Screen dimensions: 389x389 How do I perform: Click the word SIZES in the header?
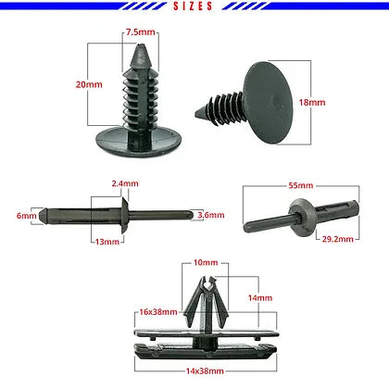coord(193,6)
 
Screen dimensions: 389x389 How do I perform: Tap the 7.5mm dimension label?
coord(141,32)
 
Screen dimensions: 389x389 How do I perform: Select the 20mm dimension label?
coord(89,84)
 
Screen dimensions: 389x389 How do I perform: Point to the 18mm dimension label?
coord(312,102)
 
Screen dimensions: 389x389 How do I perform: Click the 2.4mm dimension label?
coord(125,183)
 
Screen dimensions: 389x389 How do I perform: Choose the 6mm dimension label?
coord(27,215)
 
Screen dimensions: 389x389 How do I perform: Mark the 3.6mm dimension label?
coord(211,215)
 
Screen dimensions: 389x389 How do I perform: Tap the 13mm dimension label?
coord(107,242)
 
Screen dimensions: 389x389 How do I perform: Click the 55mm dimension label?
coord(301,185)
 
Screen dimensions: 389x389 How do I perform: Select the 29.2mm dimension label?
coord(338,239)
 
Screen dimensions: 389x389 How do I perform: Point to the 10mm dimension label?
coord(206,262)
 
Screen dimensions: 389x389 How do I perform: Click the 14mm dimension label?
coord(260,298)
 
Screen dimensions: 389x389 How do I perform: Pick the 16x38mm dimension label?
coord(158,312)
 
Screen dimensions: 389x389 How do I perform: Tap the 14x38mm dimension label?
coord(205,370)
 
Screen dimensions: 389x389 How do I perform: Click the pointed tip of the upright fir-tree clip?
coord(141,45)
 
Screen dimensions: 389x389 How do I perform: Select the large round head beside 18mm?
coord(268,103)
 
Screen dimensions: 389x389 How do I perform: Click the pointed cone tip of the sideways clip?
coord(196,114)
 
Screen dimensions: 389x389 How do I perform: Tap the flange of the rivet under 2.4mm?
coord(124,215)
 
